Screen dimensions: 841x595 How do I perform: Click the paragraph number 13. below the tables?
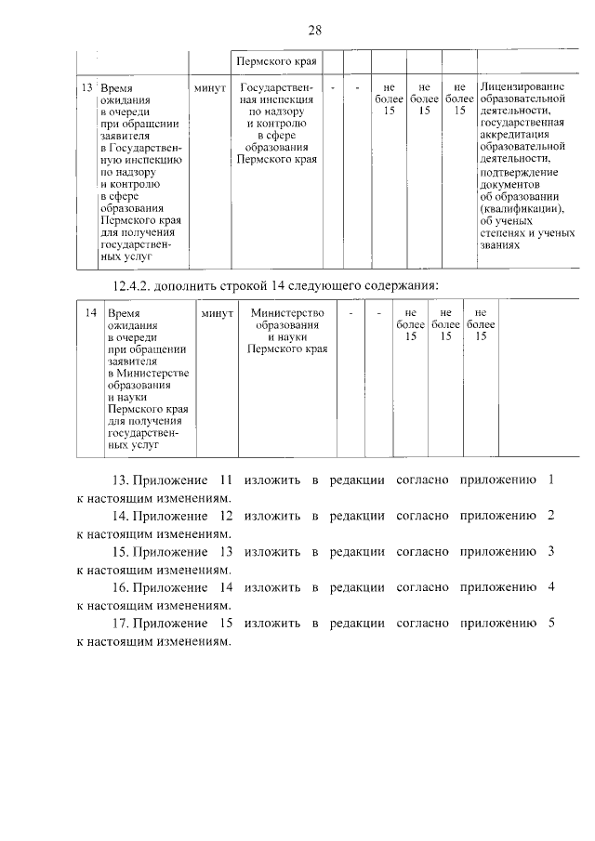(120, 480)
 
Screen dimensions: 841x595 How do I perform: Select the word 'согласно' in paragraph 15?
(419, 551)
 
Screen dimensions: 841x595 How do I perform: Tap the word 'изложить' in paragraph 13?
(272, 480)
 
